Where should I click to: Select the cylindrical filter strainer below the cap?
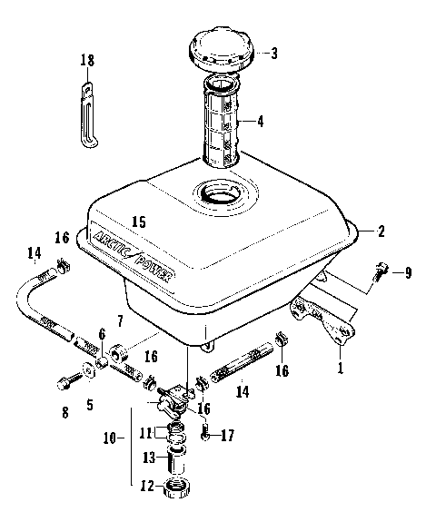(x=223, y=123)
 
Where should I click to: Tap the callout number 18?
(x=87, y=60)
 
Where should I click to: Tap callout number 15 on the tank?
(x=138, y=221)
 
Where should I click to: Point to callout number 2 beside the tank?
(x=381, y=231)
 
